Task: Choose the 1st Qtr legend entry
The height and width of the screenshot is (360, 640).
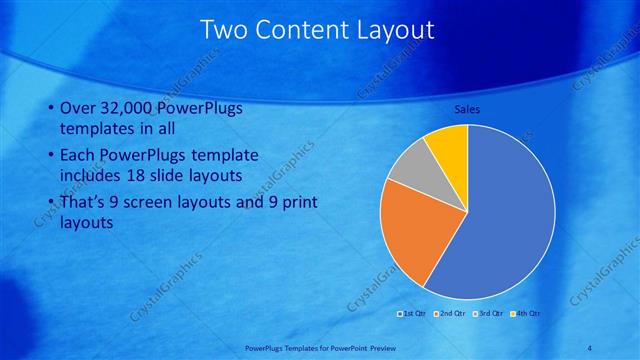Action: click(413, 314)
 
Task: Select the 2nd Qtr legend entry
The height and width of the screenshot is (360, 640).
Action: click(451, 314)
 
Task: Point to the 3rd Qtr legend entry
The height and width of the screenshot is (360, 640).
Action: click(490, 314)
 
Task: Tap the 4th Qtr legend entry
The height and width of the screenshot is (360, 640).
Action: click(527, 314)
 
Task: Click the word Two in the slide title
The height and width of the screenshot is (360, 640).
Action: click(224, 30)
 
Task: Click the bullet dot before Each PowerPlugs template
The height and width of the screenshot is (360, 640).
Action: click(52, 157)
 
